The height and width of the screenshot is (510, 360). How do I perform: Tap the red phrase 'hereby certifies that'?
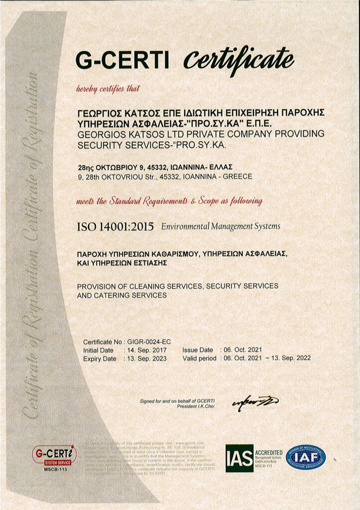click(x=108, y=89)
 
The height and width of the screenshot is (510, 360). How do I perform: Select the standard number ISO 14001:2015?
click(x=115, y=227)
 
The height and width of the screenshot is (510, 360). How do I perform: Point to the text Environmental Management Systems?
click(x=221, y=227)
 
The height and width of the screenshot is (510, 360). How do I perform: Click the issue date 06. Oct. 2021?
click(x=241, y=350)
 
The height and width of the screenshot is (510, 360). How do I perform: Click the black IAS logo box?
click(x=240, y=458)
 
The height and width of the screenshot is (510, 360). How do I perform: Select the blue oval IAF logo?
click(x=305, y=457)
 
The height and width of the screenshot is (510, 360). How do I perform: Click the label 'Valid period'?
click(x=199, y=359)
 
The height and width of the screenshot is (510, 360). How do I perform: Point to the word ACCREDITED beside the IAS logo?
click(x=269, y=452)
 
